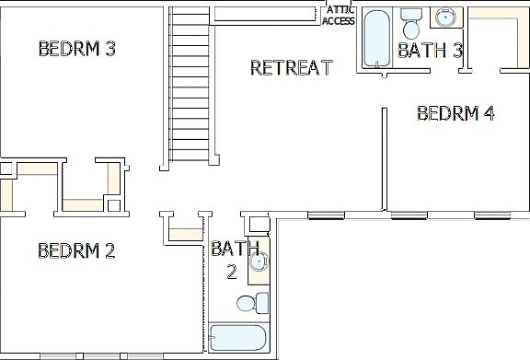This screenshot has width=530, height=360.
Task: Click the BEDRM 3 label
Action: (76, 49)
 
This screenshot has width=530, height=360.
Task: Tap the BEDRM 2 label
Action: (76, 250)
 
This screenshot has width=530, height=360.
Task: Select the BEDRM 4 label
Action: (455, 113)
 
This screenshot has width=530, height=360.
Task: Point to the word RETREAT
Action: (291, 67)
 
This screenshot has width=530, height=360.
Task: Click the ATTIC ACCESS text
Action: (338, 16)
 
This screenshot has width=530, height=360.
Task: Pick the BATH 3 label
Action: (430, 51)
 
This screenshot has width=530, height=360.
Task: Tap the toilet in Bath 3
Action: (411, 25)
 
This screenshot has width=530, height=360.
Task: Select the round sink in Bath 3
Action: (447, 17)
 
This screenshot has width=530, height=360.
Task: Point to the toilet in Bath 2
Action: (251, 302)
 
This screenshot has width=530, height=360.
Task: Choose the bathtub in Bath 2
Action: (236, 338)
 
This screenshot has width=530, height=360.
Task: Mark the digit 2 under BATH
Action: (233, 271)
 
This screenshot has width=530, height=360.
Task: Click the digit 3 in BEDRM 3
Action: (109, 49)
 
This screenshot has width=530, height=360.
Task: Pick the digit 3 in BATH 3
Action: (455, 51)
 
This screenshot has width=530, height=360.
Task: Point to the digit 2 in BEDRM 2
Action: (109, 250)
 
